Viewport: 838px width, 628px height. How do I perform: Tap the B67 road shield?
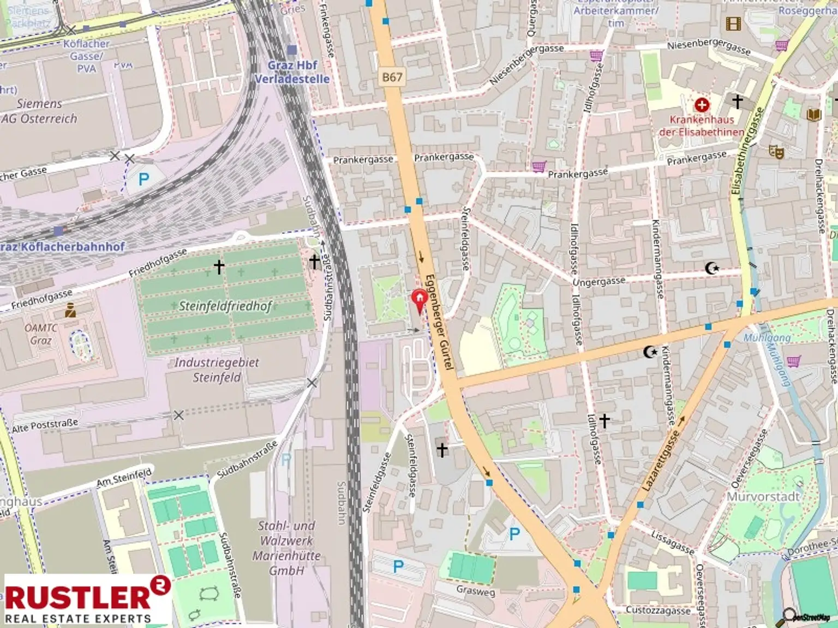pyautogui.click(x=392, y=77)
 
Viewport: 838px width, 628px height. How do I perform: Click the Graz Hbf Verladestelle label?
pyautogui.click(x=292, y=72)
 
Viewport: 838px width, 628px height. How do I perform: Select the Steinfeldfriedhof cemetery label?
pyautogui.click(x=225, y=306)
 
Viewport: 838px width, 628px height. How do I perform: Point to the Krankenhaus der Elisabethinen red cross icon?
pyautogui.click(x=702, y=104)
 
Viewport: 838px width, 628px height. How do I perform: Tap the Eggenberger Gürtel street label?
pyautogui.click(x=439, y=322)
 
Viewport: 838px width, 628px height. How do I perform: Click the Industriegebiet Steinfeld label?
pyautogui.click(x=217, y=370)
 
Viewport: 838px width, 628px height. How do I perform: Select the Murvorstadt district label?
pyautogui.click(x=763, y=497)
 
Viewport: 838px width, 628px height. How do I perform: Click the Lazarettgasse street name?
pyautogui.click(x=661, y=460)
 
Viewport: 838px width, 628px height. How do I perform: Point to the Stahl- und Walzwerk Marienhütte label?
pyautogui.click(x=286, y=548)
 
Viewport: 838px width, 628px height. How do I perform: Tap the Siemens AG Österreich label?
pyautogui.click(x=39, y=111)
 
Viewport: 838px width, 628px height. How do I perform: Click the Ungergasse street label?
pyautogui.click(x=598, y=281)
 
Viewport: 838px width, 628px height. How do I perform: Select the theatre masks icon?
pyautogui.click(x=776, y=151)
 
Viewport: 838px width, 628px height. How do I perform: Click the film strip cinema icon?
pyautogui.click(x=733, y=23)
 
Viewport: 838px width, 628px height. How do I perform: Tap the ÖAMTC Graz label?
pyautogui.click(x=41, y=334)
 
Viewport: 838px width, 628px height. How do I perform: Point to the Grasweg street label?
pyautogui.click(x=476, y=590)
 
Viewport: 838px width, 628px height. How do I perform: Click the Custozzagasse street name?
pyautogui.click(x=658, y=610)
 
